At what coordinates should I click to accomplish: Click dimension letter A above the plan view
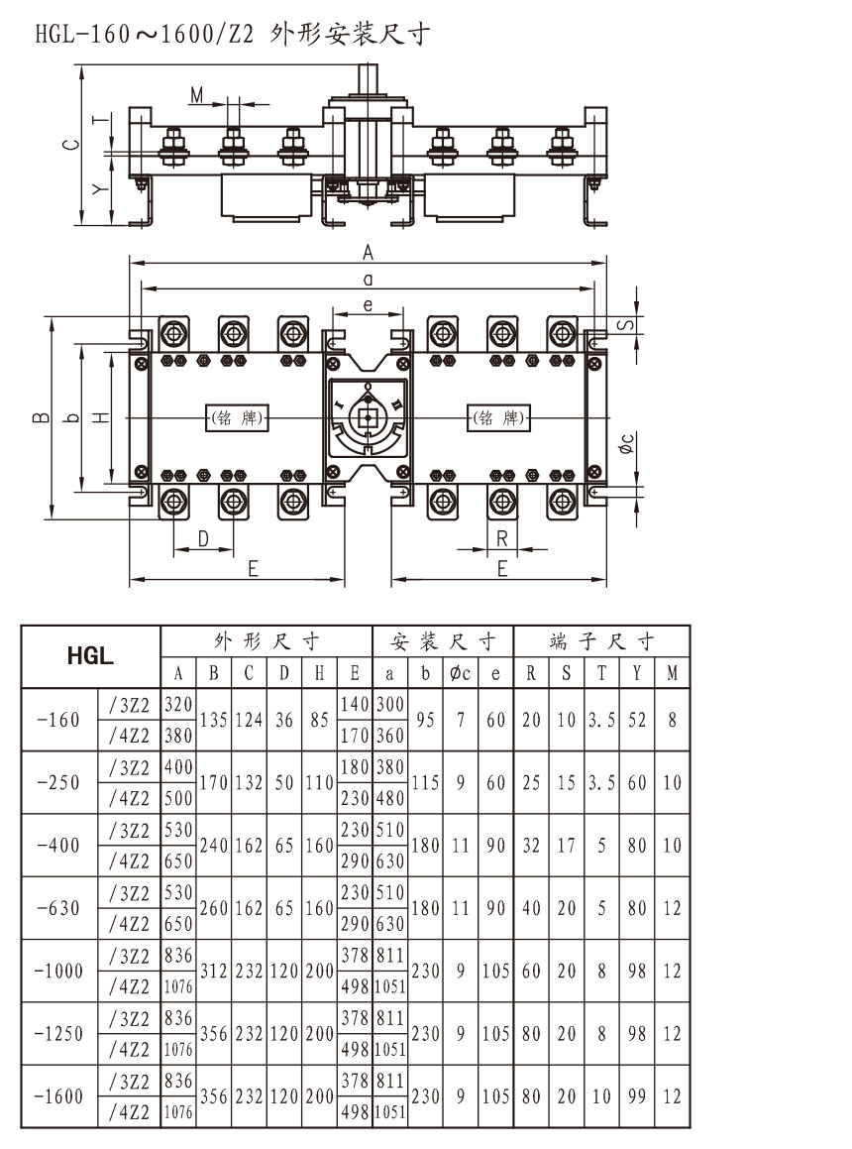coord(368,254)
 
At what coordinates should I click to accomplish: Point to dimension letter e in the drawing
coord(368,305)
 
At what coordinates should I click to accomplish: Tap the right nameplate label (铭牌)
coord(498,417)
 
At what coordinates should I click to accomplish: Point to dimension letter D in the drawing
coord(202,539)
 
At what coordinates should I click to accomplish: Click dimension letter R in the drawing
coord(502,539)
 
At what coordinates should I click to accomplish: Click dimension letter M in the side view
coord(197,95)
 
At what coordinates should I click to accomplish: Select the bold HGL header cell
coord(90,655)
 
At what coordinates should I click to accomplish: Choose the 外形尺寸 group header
coord(266,639)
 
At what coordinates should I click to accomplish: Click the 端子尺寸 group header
coord(601,639)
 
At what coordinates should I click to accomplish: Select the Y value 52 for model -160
coord(636,720)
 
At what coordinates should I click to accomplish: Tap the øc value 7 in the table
coord(461,720)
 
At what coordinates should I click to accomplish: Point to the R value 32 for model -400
coord(531,846)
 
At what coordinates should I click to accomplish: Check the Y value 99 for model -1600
coord(636,1097)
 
